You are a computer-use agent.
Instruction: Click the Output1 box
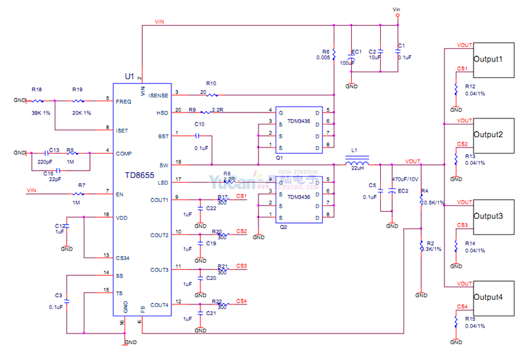492,60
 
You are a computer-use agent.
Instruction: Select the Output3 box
492,216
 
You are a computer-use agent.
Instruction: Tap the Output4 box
492,297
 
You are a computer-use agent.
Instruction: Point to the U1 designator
129,77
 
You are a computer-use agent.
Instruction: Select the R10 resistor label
211,83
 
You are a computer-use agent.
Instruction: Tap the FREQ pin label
123,102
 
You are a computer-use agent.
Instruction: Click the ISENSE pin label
159,96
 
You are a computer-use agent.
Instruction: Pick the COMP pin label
124,154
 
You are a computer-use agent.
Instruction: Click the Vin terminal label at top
397,10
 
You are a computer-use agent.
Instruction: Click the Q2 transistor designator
283,226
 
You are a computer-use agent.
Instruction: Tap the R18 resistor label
36,89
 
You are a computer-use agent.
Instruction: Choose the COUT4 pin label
159,305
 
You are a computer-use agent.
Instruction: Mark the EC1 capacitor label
356,51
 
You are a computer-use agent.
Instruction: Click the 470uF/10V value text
404,179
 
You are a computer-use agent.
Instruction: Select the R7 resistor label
81,185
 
